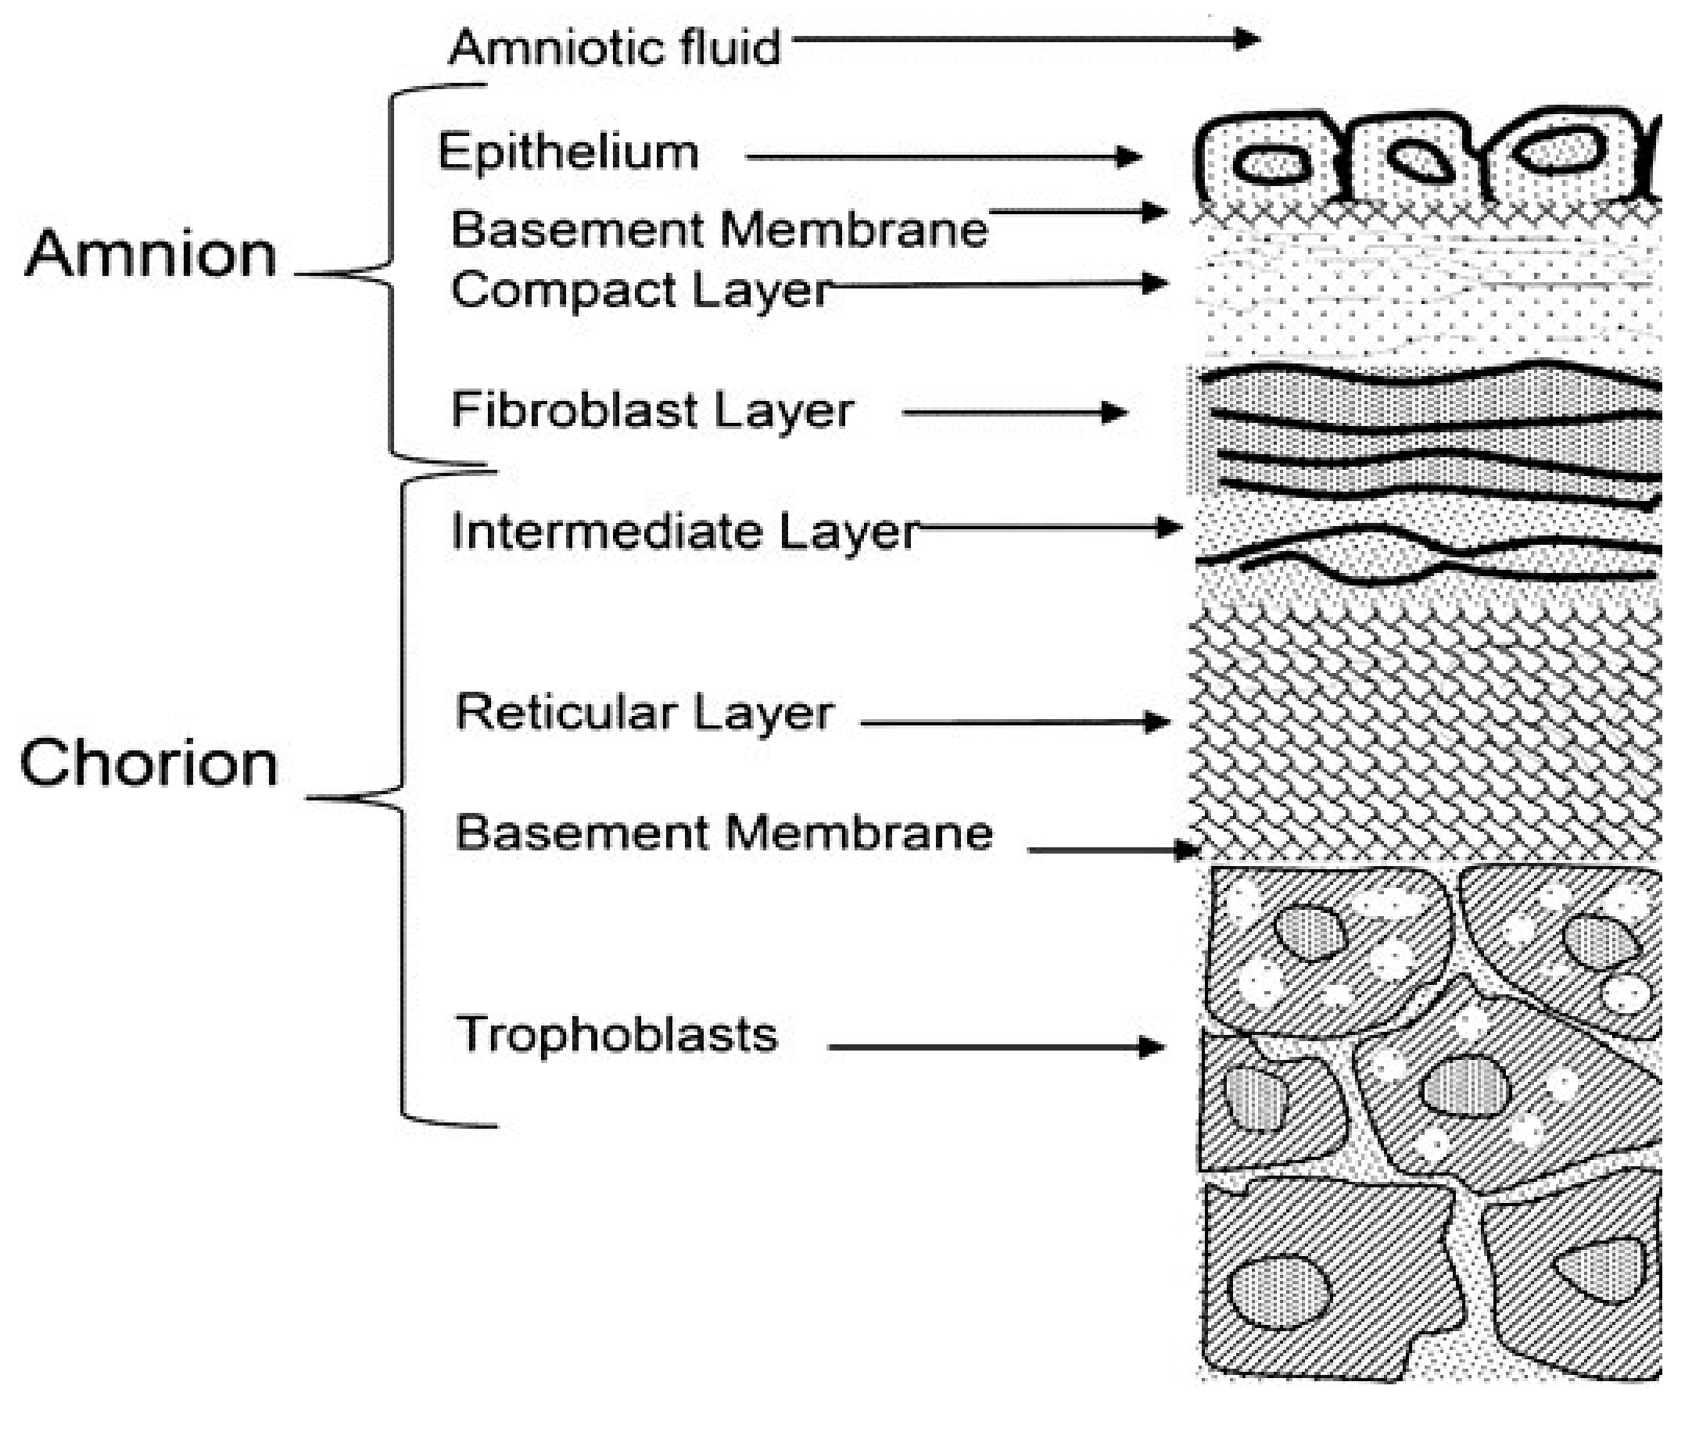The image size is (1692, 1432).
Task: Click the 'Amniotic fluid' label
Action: pyautogui.click(x=614, y=47)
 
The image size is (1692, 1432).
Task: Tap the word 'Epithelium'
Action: pyautogui.click(x=568, y=152)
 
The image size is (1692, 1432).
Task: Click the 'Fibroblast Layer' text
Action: pyautogui.click(x=652, y=409)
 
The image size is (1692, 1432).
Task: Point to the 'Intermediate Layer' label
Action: pyautogui.click(x=684, y=532)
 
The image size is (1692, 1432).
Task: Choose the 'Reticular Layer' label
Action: pyautogui.click(x=643, y=713)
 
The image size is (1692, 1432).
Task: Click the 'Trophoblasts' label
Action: pyautogui.click(x=616, y=1034)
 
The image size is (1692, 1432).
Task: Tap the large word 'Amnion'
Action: pyautogui.click(x=151, y=254)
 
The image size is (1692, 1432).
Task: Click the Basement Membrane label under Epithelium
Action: pyautogui.click(x=719, y=229)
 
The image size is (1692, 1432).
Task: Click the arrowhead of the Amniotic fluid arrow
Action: pyautogui.click(x=1247, y=38)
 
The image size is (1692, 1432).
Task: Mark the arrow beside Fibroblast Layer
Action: pyautogui.click(x=1015, y=413)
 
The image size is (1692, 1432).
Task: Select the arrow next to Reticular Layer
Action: pyautogui.click(x=1015, y=721)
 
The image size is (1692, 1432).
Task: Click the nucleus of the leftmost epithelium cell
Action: pyautogui.click(x=1271, y=164)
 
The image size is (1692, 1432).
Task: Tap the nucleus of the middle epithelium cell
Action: pyautogui.click(x=1419, y=159)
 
